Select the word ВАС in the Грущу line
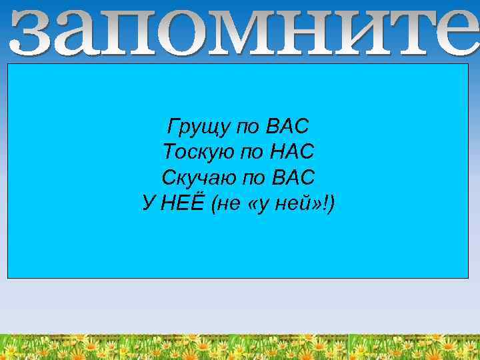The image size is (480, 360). (x=287, y=125)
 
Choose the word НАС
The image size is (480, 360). (x=292, y=152)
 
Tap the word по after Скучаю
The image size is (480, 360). (x=250, y=179)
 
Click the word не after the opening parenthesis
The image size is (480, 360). (x=226, y=204)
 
